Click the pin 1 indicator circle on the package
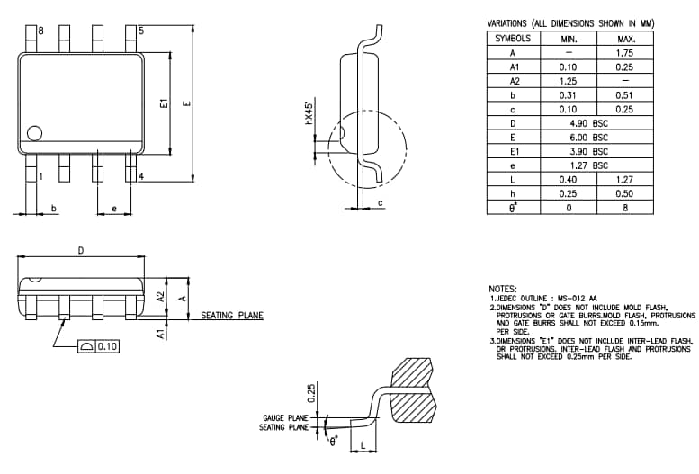35,133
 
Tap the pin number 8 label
41,31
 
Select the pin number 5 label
140,31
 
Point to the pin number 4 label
141,176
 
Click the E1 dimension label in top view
164,104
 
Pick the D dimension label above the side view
80,251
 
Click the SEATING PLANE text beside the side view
232,316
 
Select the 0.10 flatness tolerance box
99,346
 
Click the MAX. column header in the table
626,39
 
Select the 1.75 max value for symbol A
626,53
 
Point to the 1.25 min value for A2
568,81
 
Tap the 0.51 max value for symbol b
626,94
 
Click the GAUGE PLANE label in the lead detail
285,418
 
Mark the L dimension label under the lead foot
362,445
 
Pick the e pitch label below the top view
113,209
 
